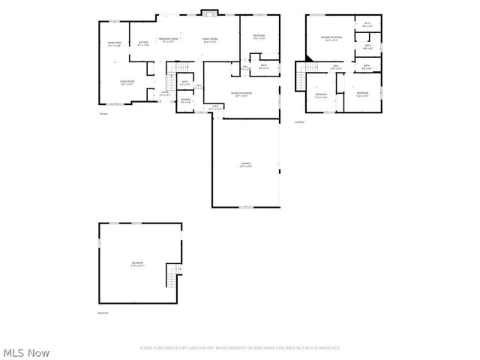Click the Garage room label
coord(245,163)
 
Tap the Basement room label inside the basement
coord(138,263)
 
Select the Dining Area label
coord(115,43)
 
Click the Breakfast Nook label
coord(168,39)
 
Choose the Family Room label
coord(210,39)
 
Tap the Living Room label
coord(127,82)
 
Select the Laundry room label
coord(185,99)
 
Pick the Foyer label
coord(164,94)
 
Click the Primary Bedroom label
coord(332,37)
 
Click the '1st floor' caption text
coord(103,114)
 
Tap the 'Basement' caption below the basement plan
coord(103,313)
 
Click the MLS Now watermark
coord(26,352)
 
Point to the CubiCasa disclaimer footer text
coord(240,348)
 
